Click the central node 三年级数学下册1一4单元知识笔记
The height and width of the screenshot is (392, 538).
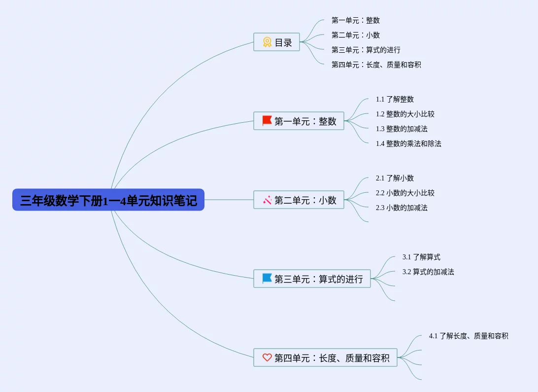108,200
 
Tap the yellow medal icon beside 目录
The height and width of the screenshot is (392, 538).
267,42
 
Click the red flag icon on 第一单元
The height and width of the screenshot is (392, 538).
267,121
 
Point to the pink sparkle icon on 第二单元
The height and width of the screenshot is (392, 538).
267,200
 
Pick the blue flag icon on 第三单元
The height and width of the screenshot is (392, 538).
267,279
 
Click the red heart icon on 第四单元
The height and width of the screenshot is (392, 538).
267,357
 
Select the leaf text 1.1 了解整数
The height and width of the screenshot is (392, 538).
395,100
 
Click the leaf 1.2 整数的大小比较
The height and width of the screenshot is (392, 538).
405,114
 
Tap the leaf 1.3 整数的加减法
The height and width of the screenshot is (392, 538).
402,129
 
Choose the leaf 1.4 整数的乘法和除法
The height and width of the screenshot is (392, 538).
408,144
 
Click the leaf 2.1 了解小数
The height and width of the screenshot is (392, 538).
395,178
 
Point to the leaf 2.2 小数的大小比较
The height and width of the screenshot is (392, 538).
405,193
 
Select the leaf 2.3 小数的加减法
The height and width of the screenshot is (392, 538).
402,208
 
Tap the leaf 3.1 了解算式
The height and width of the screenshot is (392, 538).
421,257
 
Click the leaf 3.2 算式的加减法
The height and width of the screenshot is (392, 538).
428,272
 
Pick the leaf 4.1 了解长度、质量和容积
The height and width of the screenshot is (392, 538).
469,336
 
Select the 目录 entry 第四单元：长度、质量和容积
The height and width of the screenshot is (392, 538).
376,65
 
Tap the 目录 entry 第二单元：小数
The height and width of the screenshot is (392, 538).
356,36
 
